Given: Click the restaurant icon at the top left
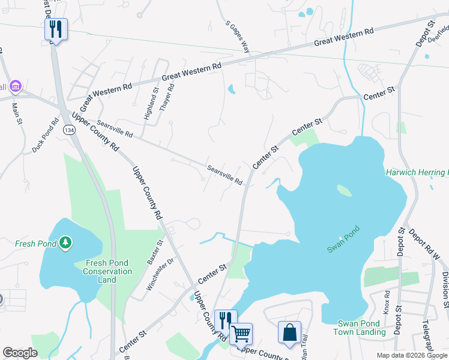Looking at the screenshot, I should pyautogui.click(x=56, y=29).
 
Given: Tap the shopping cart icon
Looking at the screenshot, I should pyautogui.click(x=241, y=334).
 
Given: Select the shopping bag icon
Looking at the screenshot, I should pyautogui.click(x=289, y=332).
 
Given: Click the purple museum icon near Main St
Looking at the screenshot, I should pyautogui.click(x=15, y=88).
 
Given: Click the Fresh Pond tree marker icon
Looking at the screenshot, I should pyautogui.click(x=65, y=243).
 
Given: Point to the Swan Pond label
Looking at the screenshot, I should pyautogui.click(x=343, y=239).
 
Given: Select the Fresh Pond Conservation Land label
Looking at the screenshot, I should pyautogui.click(x=109, y=272).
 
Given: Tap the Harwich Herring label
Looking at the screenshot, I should pyautogui.click(x=417, y=172).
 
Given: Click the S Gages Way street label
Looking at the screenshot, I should pyautogui.click(x=238, y=37).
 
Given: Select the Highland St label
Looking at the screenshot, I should pyautogui.click(x=151, y=104).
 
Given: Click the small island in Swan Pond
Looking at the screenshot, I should pyautogui.click(x=344, y=190).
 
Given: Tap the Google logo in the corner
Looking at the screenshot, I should pyautogui.click(x=20, y=353).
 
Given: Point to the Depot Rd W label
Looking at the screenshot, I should pyautogui.click(x=425, y=244).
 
